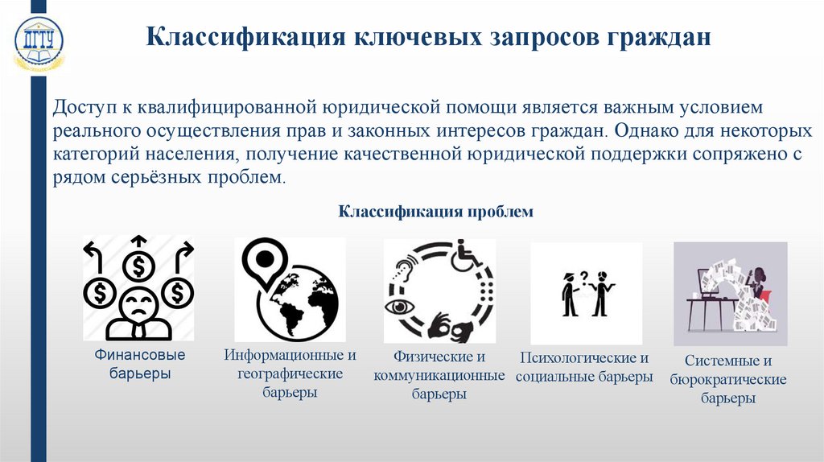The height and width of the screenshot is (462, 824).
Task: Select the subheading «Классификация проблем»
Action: [435, 211]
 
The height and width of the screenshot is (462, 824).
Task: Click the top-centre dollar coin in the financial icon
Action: [138, 264]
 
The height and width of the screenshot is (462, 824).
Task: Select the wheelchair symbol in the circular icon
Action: [464, 254]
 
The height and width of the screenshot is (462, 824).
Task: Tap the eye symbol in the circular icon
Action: [398, 307]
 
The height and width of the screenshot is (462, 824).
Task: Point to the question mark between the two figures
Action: [585, 277]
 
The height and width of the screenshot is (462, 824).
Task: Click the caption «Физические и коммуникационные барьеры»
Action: [439, 375]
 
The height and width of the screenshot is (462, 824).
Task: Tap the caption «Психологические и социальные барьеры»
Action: [584, 367]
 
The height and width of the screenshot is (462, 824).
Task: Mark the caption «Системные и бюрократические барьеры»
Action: [727, 379]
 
